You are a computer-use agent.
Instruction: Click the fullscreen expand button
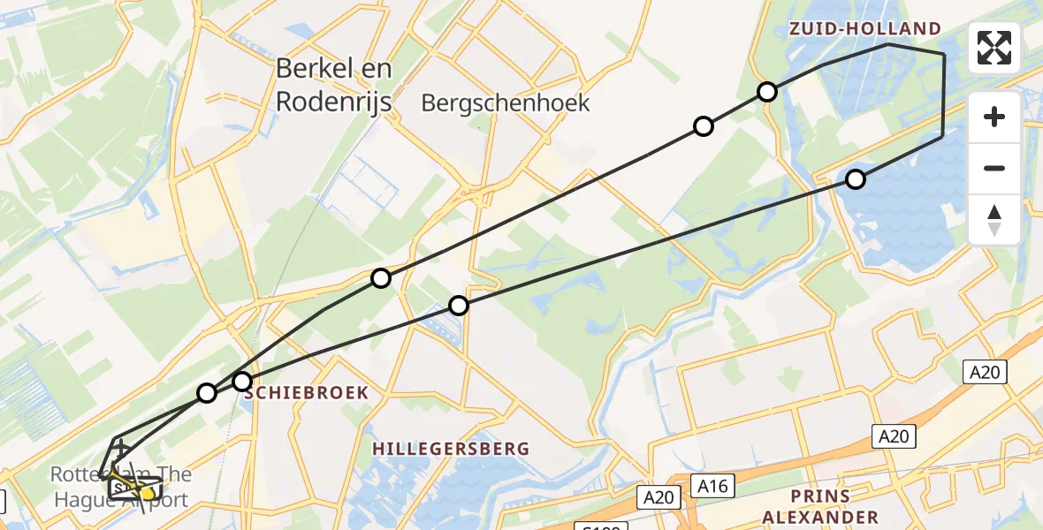pyautogui.click(x=994, y=48)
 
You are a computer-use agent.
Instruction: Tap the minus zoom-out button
pyautogui.click(x=994, y=168)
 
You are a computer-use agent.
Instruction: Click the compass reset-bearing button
pyautogui.click(x=994, y=219)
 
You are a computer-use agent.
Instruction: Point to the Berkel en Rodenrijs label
pyautogui.click(x=333, y=85)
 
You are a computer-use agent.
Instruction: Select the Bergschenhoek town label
pyautogui.click(x=506, y=103)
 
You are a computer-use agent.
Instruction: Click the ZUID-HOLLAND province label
pyautogui.click(x=865, y=29)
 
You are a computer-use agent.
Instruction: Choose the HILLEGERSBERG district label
pyautogui.click(x=451, y=449)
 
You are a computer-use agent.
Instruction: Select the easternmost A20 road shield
pyautogui.click(x=984, y=373)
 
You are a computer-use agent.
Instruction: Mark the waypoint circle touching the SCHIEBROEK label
pyautogui.click(x=242, y=382)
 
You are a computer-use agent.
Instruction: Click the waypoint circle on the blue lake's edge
pyautogui.click(x=855, y=179)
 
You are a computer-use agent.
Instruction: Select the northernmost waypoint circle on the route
pyautogui.click(x=767, y=92)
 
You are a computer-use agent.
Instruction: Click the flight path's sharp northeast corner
pyautogui.click(x=944, y=55)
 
